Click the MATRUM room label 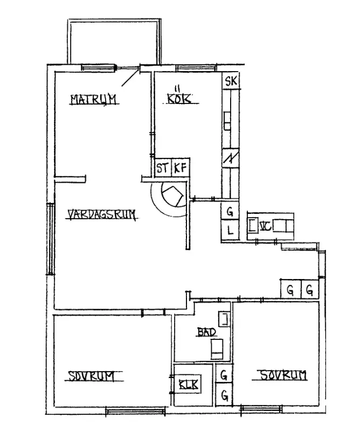coord(94,99)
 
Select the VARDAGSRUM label coord(101,215)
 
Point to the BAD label coord(206,333)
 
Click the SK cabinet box coord(231,82)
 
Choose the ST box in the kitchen coord(162,168)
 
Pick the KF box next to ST coord(179,168)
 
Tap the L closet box coord(230,232)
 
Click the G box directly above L coord(230,212)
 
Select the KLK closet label coord(188,385)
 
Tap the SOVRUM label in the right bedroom coord(283,374)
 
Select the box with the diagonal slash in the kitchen coord(230,157)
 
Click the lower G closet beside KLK coord(224,395)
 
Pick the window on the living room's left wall coord(50,238)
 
